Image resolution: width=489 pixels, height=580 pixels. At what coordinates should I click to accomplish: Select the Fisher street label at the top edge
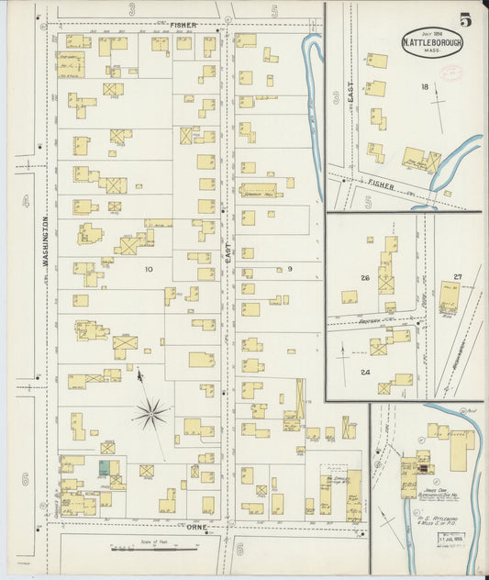[183, 23]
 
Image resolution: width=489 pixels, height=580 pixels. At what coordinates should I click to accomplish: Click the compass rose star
[150, 414]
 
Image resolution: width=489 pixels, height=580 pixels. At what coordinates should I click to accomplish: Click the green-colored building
[105, 467]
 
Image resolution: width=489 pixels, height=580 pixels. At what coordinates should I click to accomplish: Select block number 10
[149, 270]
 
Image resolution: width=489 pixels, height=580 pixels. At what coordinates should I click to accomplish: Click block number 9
[289, 269]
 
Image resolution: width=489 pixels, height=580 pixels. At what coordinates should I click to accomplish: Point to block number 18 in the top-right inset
[424, 87]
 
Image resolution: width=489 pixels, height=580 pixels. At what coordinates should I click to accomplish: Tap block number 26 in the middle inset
[364, 278]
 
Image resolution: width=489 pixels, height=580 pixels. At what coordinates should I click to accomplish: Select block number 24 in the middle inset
[364, 372]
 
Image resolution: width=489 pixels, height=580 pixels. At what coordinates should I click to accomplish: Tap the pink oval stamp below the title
[451, 73]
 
